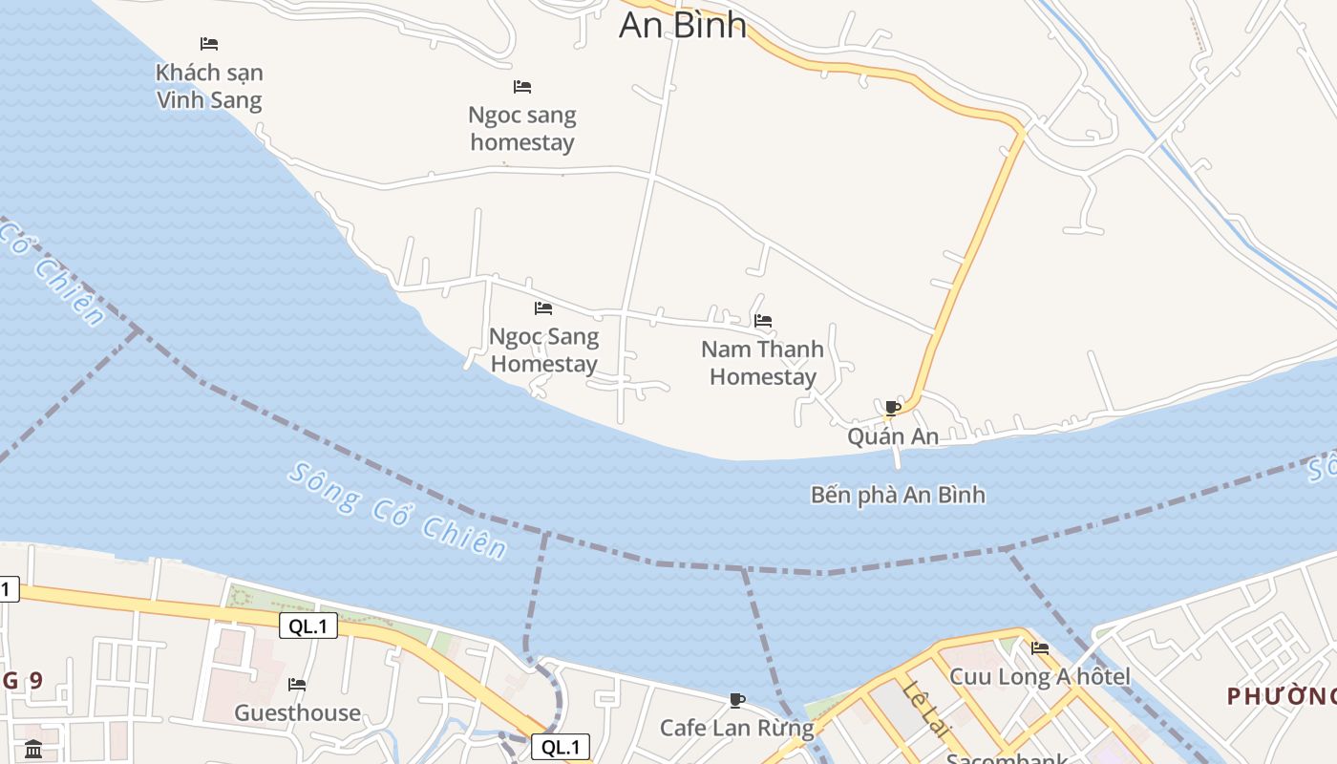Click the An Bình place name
pyautogui.click(x=682, y=25)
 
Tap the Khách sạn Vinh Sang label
pyautogui.click(x=209, y=86)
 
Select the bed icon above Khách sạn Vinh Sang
pyautogui.click(x=209, y=44)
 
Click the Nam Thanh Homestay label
pyautogui.click(x=762, y=363)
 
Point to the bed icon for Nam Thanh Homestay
pyautogui.click(x=762, y=321)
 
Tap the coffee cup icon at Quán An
pyautogui.click(x=893, y=408)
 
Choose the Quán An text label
pyautogui.click(x=893, y=436)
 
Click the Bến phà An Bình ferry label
pyautogui.click(x=898, y=495)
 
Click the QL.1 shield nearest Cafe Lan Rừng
pyautogui.click(x=560, y=747)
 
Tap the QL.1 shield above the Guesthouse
pyautogui.click(x=308, y=626)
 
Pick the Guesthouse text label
pyautogui.click(x=297, y=712)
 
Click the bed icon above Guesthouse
pyautogui.click(x=297, y=685)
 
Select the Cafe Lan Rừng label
pyautogui.click(x=736, y=728)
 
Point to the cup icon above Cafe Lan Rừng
pyautogui.click(x=736, y=701)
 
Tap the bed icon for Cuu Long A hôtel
pyautogui.click(x=1039, y=648)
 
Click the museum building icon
pyautogui.click(x=33, y=748)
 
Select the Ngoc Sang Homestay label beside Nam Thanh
pyautogui.click(x=543, y=350)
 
